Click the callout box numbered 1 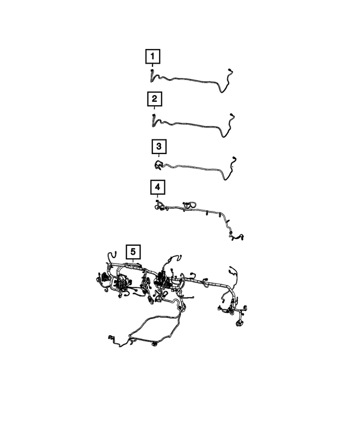click(x=152, y=56)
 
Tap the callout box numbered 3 click(x=159, y=147)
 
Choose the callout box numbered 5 click(x=133, y=251)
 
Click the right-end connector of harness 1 click(x=231, y=71)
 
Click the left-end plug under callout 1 click(x=152, y=73)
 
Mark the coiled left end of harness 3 click(x=158, y=164)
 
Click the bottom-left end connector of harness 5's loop click(x=109, y=337)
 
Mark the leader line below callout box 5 click(x=133, y=262)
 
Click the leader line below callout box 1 click(x=152, y=66)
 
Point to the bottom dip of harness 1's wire click(x=223, y=90)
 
